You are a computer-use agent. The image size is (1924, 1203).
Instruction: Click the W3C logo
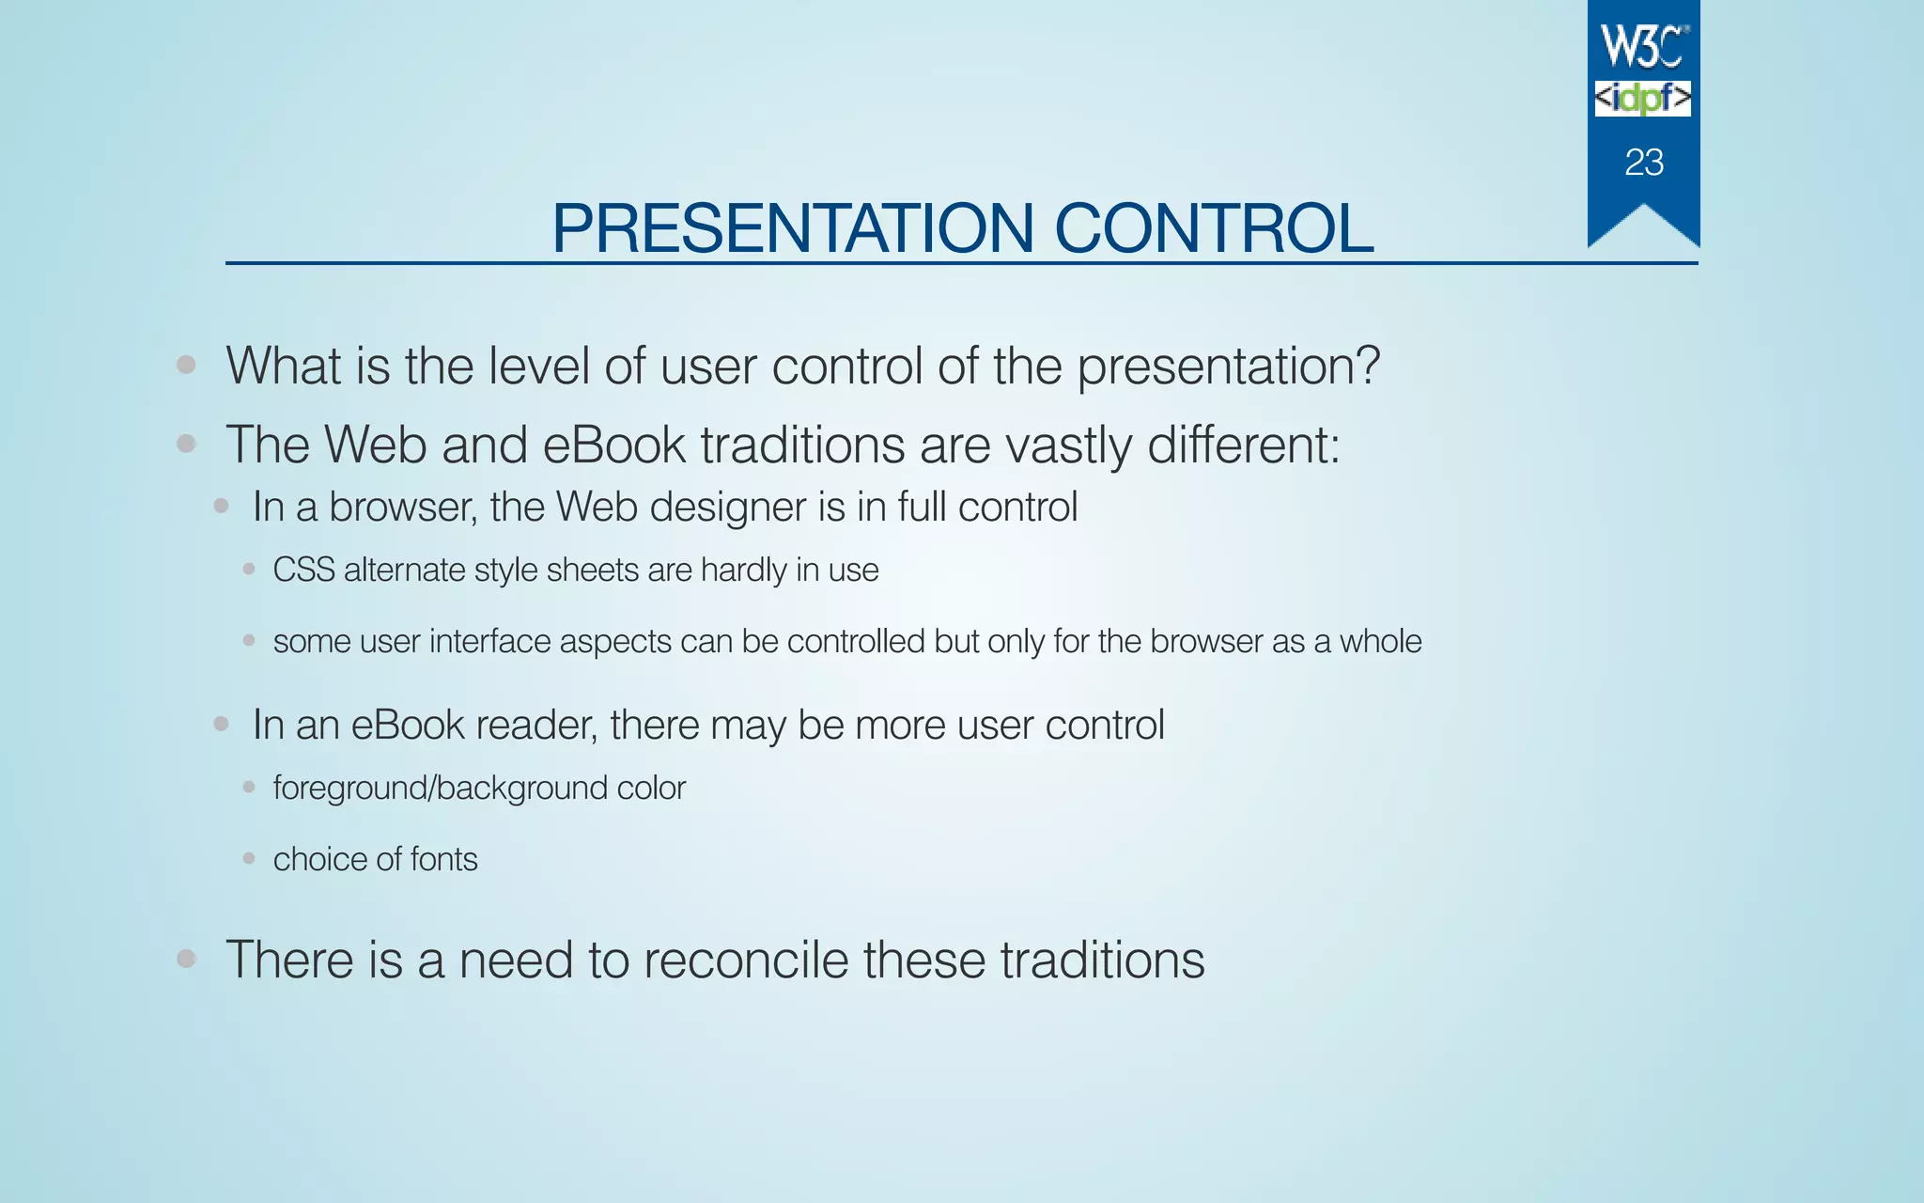pos(1643,47)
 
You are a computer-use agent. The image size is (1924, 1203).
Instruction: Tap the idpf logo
pos(1643,99)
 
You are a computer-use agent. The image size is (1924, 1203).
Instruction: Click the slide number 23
pos(1644,163)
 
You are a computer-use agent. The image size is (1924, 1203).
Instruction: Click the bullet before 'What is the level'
pos(186,365)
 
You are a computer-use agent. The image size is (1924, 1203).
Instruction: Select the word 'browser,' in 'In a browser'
pos(402,508)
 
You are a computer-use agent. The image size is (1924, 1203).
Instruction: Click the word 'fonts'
pos(443,859)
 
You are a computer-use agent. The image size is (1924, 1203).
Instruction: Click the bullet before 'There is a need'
pos(186,959)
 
